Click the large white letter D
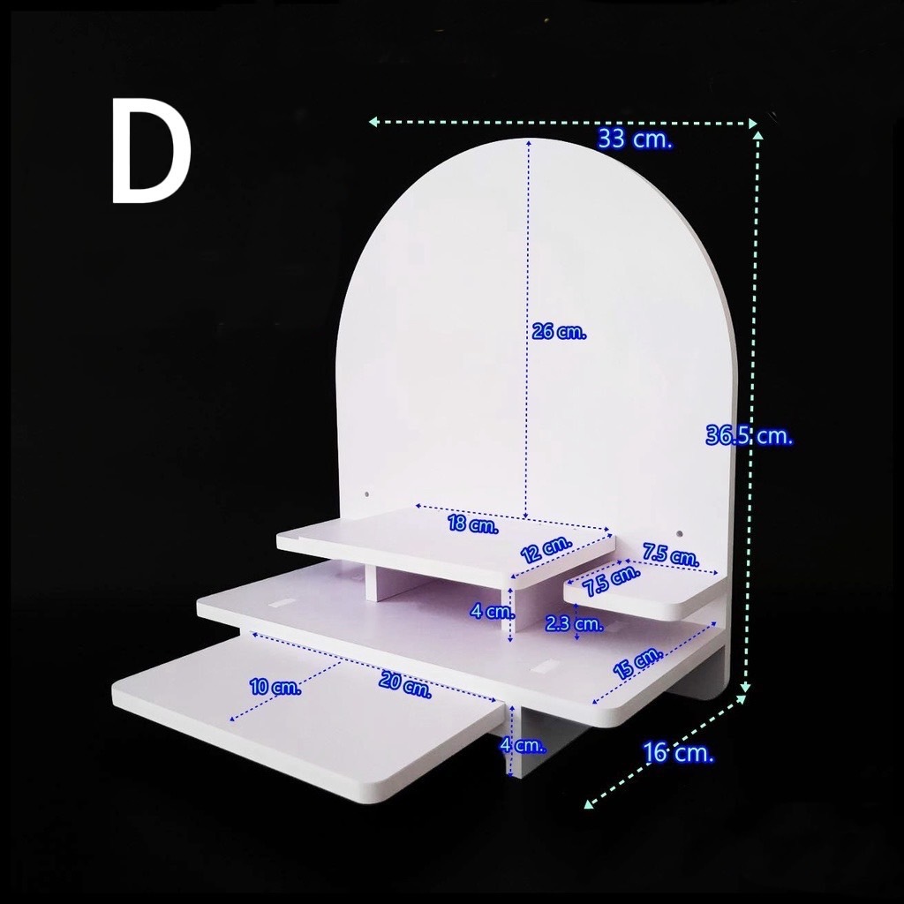pos(151,150)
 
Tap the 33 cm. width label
pos(635,139)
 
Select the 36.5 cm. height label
pos(749,435)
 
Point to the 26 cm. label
pos(559,332)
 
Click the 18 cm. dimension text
pos(473,524)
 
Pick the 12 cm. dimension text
pos(546,549)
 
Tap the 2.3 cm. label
pos(574,623)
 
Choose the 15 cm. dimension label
pos(637,663)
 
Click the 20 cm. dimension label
pos(404,685)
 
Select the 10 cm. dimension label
pos(275,687)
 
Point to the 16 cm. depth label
pos(678,752)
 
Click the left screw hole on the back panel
pos(366,494)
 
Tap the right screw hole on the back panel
pos(679,534)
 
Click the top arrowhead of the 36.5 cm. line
pos(758,135)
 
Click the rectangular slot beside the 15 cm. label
pos(542,669)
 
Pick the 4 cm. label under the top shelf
pos(492,611)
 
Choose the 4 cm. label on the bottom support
pos(523,745)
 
